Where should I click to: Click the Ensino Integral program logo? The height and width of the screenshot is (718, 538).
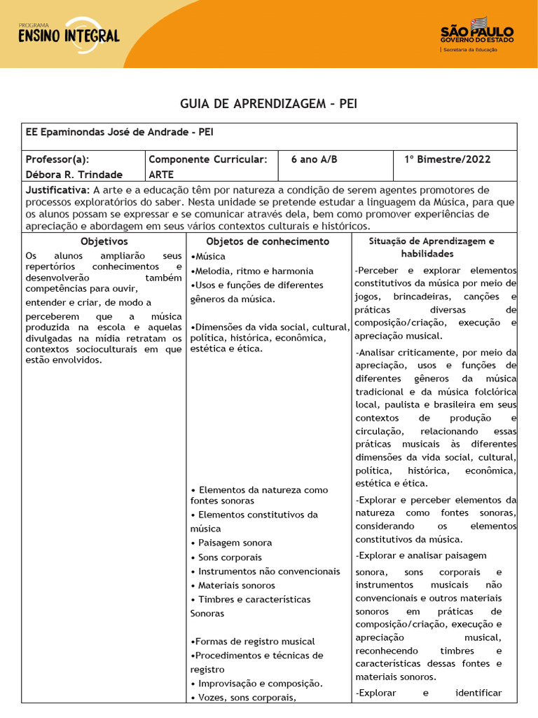click(x=69, y=33)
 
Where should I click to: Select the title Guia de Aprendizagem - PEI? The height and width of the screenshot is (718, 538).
click(x=269, y=104)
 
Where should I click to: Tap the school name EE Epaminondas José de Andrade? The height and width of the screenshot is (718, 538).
click(x=119, y=132)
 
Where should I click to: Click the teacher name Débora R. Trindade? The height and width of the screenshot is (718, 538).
click(x=74, y=175)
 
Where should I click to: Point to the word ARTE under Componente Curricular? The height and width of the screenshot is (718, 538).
click(x=161, y=175)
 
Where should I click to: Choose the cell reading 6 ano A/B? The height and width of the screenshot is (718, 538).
click(x=314, y=160)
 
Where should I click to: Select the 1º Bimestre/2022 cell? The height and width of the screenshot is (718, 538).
click(x=447, y=160)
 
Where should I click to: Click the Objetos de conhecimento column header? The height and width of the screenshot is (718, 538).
click(x=268, y=241)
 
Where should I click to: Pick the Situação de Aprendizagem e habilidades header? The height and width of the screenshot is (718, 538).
click(x=432, y=248)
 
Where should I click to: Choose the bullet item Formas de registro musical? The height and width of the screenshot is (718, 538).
click(x=253, y=642)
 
